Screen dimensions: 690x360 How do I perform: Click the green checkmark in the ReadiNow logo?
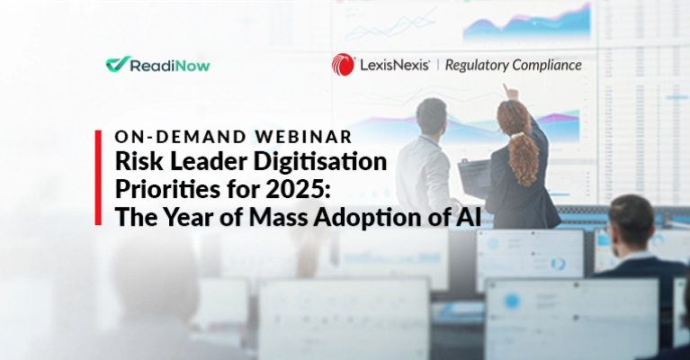point(118,64)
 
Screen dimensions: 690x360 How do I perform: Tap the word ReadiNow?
point(170,66)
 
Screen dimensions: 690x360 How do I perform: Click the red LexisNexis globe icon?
point(343,65)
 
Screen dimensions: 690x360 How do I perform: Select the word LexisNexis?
point(394,65)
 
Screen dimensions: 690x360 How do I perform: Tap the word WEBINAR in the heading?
point(304,137)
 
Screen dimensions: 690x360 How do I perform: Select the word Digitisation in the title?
point(320,162)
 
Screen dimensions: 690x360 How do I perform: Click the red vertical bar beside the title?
point(98,178)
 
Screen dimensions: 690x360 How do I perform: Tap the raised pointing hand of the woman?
point(511,93)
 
